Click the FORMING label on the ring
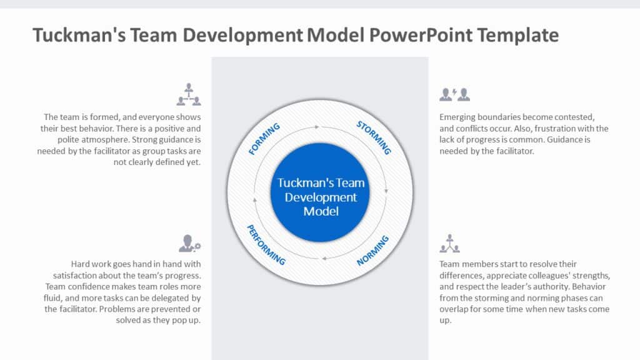[x=264, y=139]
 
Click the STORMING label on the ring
[x=374, y=137]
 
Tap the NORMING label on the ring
[x=373, y=251]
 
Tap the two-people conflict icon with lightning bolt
[x=454, y=94]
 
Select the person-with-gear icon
[x=189, y=243]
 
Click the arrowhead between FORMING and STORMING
[x=317, y=127]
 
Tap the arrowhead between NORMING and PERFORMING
[x=324, y=258]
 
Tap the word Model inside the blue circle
[x=321, y=211]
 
